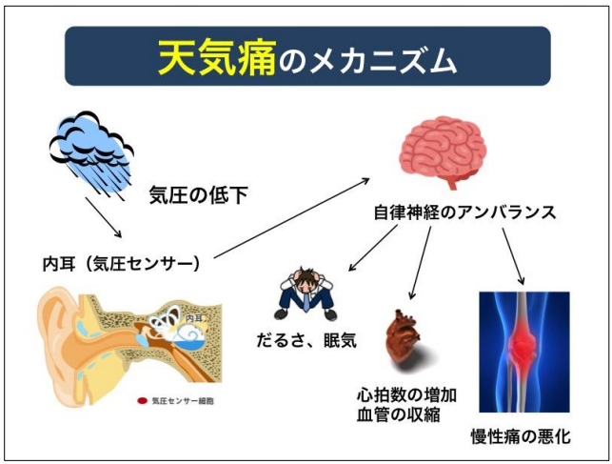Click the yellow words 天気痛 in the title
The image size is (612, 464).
click(x=217, y=57)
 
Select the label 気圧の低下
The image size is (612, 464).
click(x=198, y=194)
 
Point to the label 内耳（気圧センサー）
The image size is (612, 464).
click(x=121, y=264)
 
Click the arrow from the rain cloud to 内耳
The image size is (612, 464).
click(x=104, y=217)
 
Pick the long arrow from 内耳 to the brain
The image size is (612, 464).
click(x=291, y=218)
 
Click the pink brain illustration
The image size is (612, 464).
click(x=443, y=151)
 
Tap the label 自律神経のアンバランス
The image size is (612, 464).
click(x=464, y=212)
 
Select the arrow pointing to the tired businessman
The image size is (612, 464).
click(x=373, y=248)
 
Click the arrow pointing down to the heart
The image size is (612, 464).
click(x=421, y=263)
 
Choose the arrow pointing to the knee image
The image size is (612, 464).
click(x=513, y=256)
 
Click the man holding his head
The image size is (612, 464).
click(x=306, y=293)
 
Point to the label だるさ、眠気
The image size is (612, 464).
click(x=306, y=340)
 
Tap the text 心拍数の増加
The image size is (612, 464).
click(x=406, y=395)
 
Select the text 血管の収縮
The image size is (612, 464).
click(x=399, y=414)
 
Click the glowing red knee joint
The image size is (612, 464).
click(x=523, y=345)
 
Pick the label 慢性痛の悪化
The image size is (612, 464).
click(x=521, y=436)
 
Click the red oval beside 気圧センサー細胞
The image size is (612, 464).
click(x=142, y=401)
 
